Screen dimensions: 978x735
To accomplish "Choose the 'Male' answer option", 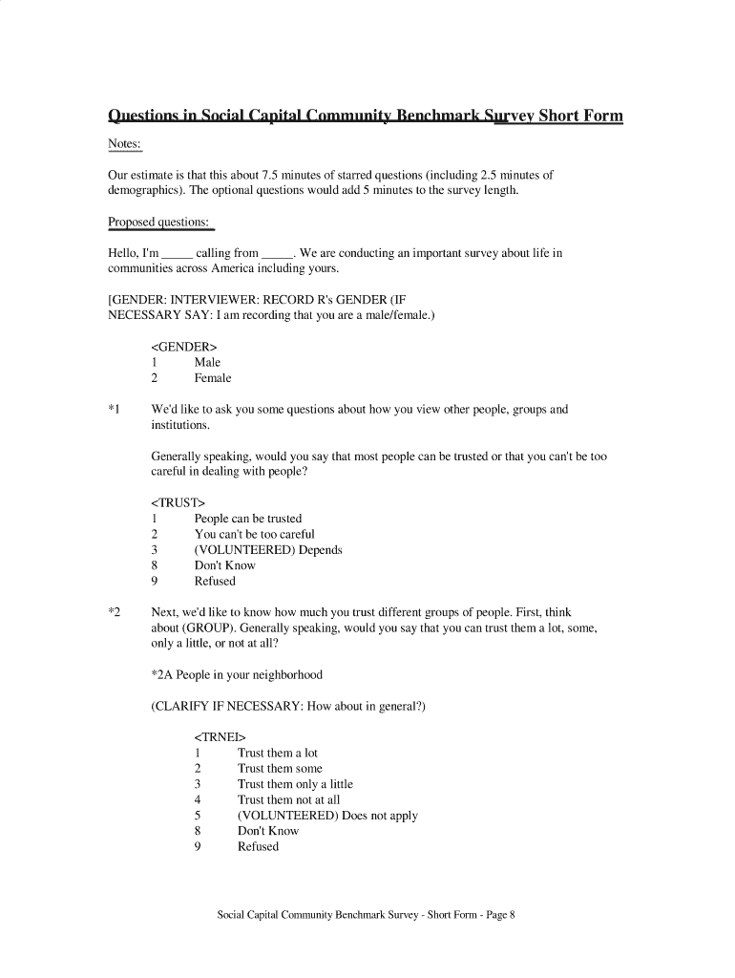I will [207, 362].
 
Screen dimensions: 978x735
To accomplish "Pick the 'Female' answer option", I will [213, 378].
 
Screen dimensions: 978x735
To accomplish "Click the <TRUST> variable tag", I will [178, 502].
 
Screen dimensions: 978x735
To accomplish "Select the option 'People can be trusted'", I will [248, 519].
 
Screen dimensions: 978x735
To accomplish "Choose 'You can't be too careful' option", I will [254, 534].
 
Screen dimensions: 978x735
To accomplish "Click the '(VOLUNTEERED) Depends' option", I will [268, 550].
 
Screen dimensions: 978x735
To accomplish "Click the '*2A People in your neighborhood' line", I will [237, 675].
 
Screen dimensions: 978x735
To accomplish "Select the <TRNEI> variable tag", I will [220, 737].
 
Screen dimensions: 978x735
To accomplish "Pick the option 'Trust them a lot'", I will [278, 753].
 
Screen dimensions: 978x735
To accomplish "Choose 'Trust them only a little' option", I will [295, 784].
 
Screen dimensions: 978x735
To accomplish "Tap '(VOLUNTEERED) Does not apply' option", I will [327, 816].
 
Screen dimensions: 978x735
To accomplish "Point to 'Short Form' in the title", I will [580, 117].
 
